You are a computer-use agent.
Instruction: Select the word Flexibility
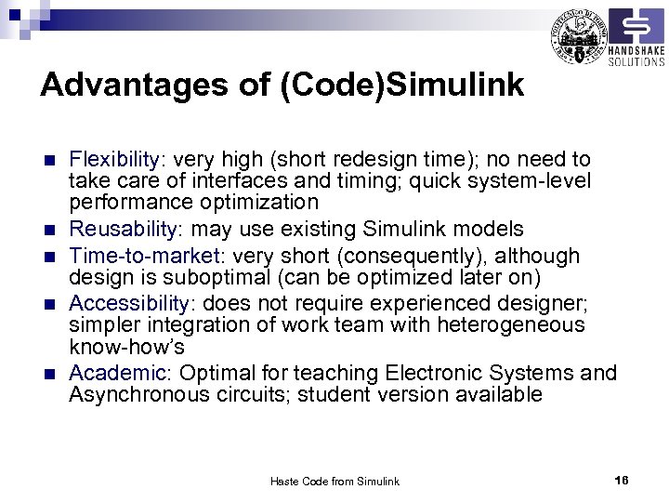pyautogui.click(x=110, y=159)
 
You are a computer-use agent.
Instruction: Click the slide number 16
pyautogui.click(x=622, y=480)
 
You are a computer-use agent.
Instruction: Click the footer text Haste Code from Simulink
pyautogui.click(x=334, y=482)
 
